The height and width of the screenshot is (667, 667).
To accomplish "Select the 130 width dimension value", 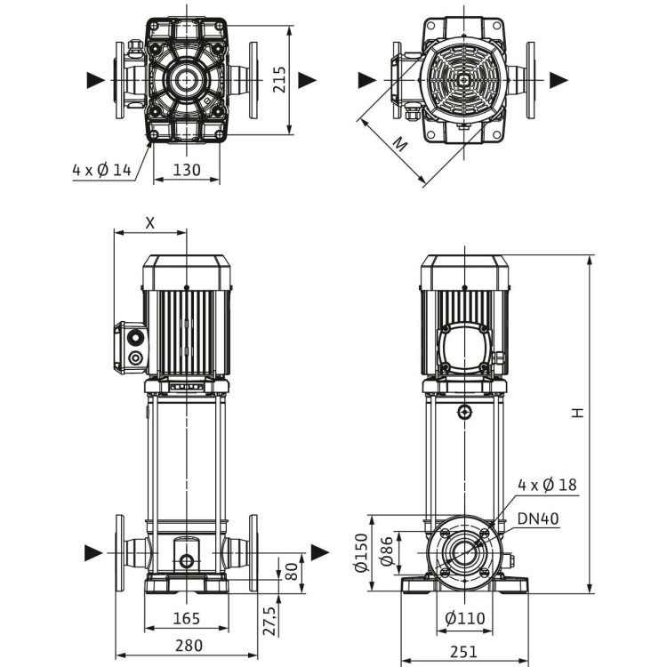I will tap(185, 169).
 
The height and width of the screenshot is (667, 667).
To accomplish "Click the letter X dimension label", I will tap(149, 223).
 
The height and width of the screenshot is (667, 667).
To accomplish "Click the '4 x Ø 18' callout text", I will tap(547, 485).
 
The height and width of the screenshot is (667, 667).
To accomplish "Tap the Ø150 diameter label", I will tap(361, 552).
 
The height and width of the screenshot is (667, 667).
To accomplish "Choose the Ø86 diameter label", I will tap(387, 552).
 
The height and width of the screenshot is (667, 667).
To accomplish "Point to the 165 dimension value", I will tap(186, 618).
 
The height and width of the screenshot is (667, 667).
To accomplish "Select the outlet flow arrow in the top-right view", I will tap(559, 80).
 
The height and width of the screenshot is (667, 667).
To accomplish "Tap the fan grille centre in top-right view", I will tap(463, 79).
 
